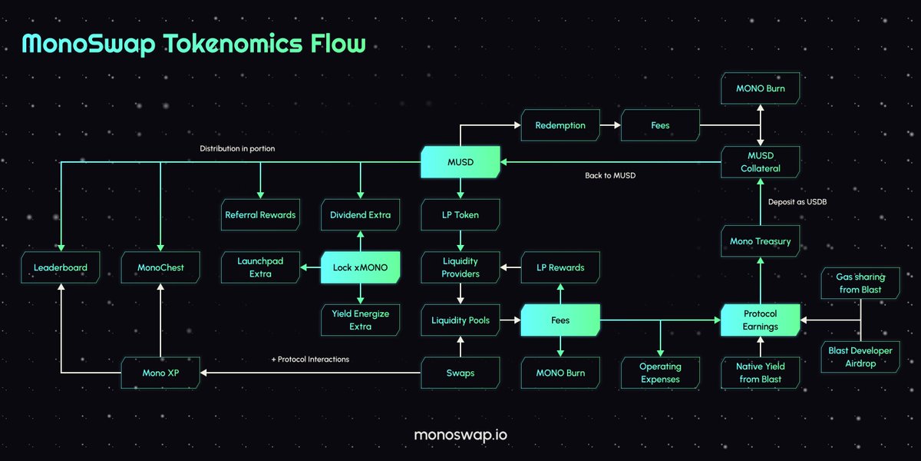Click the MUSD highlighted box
[460, 162]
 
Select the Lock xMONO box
[360, 267]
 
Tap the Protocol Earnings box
[760, 320]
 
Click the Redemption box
[560, 125]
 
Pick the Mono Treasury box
[760, 241]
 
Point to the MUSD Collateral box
[760, 162]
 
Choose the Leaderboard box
[61, 268]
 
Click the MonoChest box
[160, 268]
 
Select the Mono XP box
[160, 373]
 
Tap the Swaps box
[460, 373]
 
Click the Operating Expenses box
[660, 373]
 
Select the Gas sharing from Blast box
[860, 283]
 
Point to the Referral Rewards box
[260, 215]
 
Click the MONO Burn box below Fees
[560, 373]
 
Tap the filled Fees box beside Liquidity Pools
[560, 320]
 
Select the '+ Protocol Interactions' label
[310, 359]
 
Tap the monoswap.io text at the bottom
[460, 435]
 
